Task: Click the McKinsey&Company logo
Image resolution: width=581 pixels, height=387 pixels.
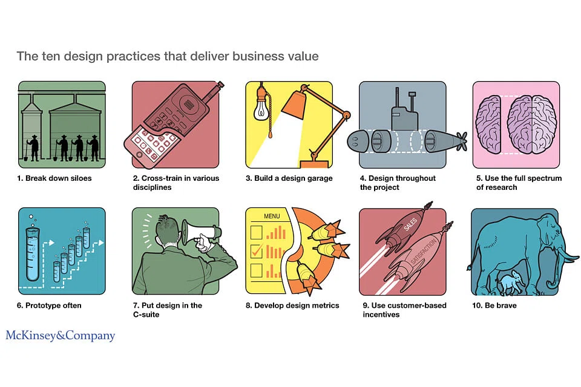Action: tap(61, 335)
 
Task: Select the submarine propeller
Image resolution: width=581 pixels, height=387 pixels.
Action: tap(462, 141)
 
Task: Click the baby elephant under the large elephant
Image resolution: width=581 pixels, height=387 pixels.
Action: tap(512, 282)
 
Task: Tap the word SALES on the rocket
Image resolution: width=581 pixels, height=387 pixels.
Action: tap(410, 224)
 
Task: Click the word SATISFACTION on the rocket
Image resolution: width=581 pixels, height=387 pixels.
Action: tap(424, 252)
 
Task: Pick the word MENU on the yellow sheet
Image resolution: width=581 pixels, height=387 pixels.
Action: tap(272, 216)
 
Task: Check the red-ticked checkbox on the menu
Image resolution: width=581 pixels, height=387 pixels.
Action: tap(257, 251)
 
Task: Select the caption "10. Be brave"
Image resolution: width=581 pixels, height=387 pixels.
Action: tap(494, 305)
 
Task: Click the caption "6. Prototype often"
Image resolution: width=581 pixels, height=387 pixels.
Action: tap(49, 305)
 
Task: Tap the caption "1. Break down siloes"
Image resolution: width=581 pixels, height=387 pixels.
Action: tap(54, 178)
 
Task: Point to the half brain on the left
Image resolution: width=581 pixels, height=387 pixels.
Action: tap(489, 125)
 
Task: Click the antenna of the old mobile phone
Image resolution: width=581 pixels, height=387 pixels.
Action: tap(214, 91)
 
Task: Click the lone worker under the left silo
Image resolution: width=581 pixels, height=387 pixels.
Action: tap(34, 148)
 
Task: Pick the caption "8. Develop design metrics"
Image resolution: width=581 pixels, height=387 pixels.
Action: tap(292, 305)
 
